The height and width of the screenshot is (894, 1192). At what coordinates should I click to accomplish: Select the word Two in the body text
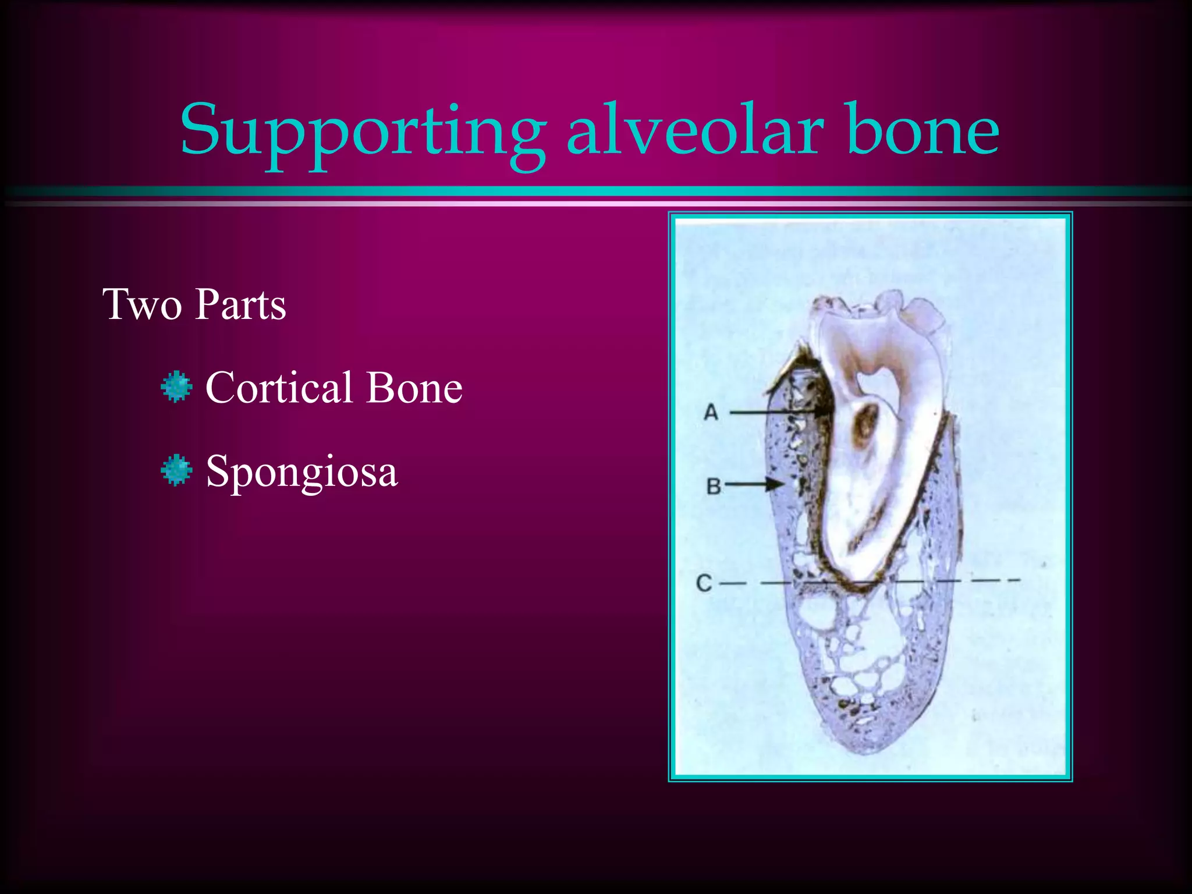click(x=141, y=304)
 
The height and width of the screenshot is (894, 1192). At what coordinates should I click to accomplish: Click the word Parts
click(x=240, y=304)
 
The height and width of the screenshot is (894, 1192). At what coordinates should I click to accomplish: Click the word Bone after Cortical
click(x=414, y=388)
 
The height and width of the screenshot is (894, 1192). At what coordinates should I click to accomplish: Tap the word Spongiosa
click(x=301, y=471)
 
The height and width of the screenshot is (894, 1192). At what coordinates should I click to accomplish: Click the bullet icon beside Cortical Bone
click(x=176, y=388)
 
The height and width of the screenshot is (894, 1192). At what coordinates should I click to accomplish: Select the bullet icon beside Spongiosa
click(x=176, y=471)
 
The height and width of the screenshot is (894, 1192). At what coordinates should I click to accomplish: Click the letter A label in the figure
click(x=711, y=413)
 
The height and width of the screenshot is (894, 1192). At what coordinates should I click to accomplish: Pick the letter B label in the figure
click(x=714, y=486)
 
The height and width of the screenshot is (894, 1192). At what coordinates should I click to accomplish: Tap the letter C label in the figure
click(x=704, y=583)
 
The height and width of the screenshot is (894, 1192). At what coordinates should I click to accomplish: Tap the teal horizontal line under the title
click(x=596, y=191)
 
